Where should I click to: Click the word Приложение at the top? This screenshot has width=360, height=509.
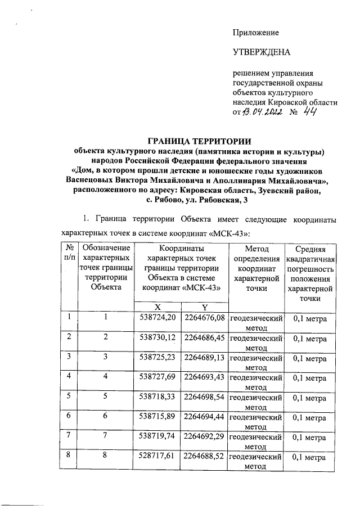point(256,33)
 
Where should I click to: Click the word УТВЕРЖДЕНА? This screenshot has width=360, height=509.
point(262,53)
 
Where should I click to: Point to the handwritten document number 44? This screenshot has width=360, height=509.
point(309,114)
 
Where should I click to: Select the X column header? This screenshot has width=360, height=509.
point(157,307)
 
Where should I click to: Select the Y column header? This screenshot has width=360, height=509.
point(204,307)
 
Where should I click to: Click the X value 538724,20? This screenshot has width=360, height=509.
point(157,318)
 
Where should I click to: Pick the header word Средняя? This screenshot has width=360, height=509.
point(310,249)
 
